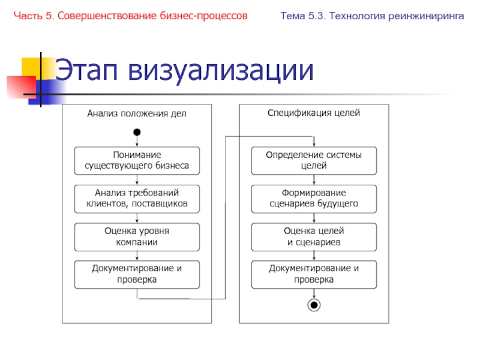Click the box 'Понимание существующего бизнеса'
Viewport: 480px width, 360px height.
tap(137, 160)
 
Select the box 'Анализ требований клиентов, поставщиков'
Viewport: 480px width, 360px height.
tap(137, 199)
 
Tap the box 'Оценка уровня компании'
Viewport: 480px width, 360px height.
tap(137, 237)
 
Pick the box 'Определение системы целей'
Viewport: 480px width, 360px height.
tap(313, 160)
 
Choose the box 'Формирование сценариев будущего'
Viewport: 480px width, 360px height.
tap(313, 199)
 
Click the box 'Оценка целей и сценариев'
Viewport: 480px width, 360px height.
tap(313, 237)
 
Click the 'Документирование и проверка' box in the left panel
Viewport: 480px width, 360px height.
tap(137, 274)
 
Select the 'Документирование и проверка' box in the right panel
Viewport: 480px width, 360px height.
tap(313, 274)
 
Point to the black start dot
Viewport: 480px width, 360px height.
tap(137, 132)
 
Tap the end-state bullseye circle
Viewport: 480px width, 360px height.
tap(313, 305)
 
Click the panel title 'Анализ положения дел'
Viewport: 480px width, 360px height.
tap(137, 113)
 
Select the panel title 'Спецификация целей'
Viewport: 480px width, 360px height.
tap(313, 113)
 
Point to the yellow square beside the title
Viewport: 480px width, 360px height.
tap(33, 68)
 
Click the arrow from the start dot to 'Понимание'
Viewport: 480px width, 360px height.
tap(137, 142)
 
